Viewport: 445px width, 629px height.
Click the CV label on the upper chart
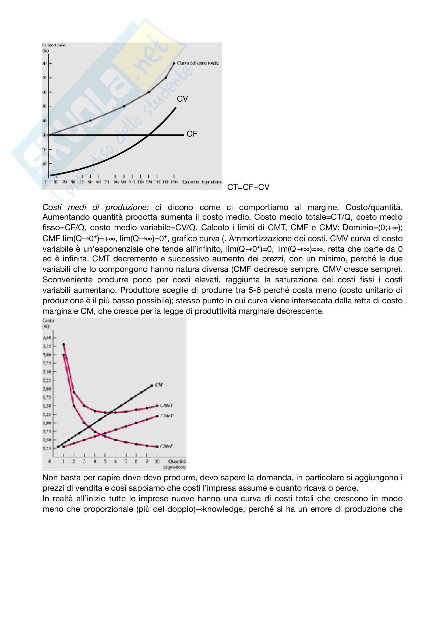(x=182, y=99)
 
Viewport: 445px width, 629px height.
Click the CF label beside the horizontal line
(x=192, y=134)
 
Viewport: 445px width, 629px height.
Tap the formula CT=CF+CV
(x=248, y=187)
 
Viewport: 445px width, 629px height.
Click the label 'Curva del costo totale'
(x=198, y=63)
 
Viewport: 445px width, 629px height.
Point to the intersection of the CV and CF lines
(x=148, y=135)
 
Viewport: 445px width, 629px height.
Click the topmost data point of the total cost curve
(x=174, y=63)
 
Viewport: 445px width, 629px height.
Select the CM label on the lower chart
(x=159, y=385)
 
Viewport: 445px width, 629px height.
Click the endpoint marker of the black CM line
(x=152, y=386)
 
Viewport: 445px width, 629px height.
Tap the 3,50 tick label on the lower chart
(x=47, y=338)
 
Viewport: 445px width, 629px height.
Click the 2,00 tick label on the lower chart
(x=47, y=389)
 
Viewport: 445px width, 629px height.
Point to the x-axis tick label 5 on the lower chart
(x=105, y=461)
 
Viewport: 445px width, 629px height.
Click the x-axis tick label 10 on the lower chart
(x=157, y=461)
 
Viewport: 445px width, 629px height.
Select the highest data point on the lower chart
(x=63, y=344)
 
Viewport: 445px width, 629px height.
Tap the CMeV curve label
(x=167, y=416)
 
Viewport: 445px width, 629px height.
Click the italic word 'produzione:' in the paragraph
(x=127, y=207)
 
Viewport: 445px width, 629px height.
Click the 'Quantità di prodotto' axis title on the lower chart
(x=175, y=464)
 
